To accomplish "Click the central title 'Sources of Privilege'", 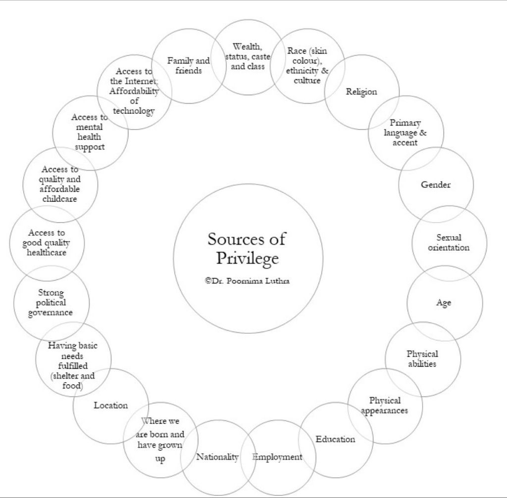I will [247, 248].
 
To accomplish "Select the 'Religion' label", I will [361, 91].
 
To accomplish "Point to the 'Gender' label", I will [436, 184].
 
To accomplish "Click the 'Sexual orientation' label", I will [449, 242].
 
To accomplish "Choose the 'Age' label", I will [444, 303].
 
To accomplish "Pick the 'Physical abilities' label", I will [422, 359].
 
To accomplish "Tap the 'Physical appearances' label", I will [385, 405].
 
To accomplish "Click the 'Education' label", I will [336, 439].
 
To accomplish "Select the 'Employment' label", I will [277, 456].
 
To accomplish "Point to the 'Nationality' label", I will [217, 456].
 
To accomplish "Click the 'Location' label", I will [111, 405].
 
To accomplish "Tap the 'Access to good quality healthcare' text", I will [47, 242].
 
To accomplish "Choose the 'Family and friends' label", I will [188, 65].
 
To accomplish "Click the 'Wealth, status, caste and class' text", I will [248, 56].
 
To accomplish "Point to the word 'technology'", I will [134, 111].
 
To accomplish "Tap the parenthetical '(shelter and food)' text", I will [72, 380].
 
